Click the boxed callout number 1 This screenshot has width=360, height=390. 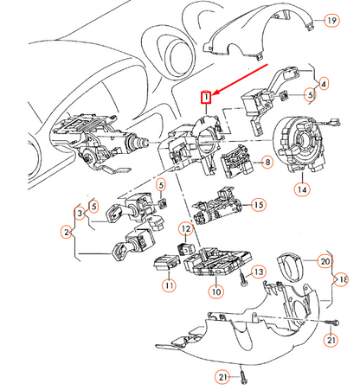point(206,98)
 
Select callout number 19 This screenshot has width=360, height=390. point(331,21)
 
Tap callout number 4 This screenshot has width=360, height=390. point(324,84)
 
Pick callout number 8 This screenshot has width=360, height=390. point(267,163)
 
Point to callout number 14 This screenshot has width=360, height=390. point(302,189)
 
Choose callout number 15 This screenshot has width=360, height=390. point(259,205)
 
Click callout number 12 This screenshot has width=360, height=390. point(186,229)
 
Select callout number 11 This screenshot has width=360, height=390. point(169,285)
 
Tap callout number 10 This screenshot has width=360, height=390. point(216,291)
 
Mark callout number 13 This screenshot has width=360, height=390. point(259,272)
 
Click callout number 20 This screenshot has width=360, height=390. point(325,261)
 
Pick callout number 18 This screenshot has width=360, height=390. point(342,279)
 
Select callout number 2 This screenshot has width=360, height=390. point(67,232)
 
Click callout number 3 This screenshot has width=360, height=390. point(80,214)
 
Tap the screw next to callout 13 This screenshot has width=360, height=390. point(243,279)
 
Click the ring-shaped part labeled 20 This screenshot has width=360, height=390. point(289,265)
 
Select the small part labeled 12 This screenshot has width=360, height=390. point(186,248)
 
